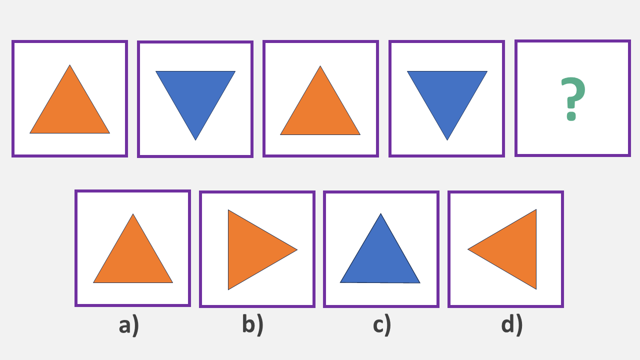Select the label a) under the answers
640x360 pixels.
coord(128,325)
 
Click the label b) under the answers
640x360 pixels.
coord(252,324)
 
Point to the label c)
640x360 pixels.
coord(381,325)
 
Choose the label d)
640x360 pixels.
coord(511,324)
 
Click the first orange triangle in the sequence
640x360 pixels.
coord(69,110)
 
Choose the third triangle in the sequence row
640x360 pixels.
coord(320,111)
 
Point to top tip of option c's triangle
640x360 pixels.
coord(380,214)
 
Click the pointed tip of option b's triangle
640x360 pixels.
coord(296,249)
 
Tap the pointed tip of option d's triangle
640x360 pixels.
coord(468,249)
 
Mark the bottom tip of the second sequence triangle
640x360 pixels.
coord(195,139)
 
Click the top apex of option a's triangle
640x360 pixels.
coord(133,215)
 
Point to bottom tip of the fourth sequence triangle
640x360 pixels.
coord(447,139)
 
